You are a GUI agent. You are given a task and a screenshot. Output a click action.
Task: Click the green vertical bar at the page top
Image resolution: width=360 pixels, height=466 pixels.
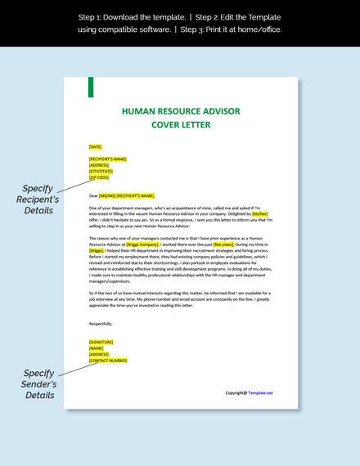(90, 87)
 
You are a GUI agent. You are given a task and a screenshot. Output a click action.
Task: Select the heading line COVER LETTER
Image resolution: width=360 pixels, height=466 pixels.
(181, 125)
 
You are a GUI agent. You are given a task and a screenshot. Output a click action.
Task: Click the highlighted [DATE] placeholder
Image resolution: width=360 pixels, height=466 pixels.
(96, 146)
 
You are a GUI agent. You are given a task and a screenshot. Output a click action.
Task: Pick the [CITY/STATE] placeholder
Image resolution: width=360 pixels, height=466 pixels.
(101, 171)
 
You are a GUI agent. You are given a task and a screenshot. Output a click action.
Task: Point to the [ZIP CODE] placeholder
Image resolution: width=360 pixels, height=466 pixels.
(99, 177)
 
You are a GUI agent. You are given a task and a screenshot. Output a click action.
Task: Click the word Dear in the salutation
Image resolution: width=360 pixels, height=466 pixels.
(93, 195)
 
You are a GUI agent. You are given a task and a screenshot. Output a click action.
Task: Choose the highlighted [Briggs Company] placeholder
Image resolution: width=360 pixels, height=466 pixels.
(142, 244)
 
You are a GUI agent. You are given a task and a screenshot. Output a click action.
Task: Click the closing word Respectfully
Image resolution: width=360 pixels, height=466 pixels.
(101, 324)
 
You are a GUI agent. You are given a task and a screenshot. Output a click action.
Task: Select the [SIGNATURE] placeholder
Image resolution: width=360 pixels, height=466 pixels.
(101, 342)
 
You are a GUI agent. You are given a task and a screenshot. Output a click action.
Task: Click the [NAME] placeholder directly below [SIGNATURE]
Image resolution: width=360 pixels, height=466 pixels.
(96, 347)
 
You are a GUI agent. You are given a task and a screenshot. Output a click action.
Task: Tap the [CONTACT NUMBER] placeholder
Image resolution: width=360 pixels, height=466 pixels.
(108, 360)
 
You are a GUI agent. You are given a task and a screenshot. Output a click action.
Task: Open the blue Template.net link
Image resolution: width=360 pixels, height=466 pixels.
(261, 392)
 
